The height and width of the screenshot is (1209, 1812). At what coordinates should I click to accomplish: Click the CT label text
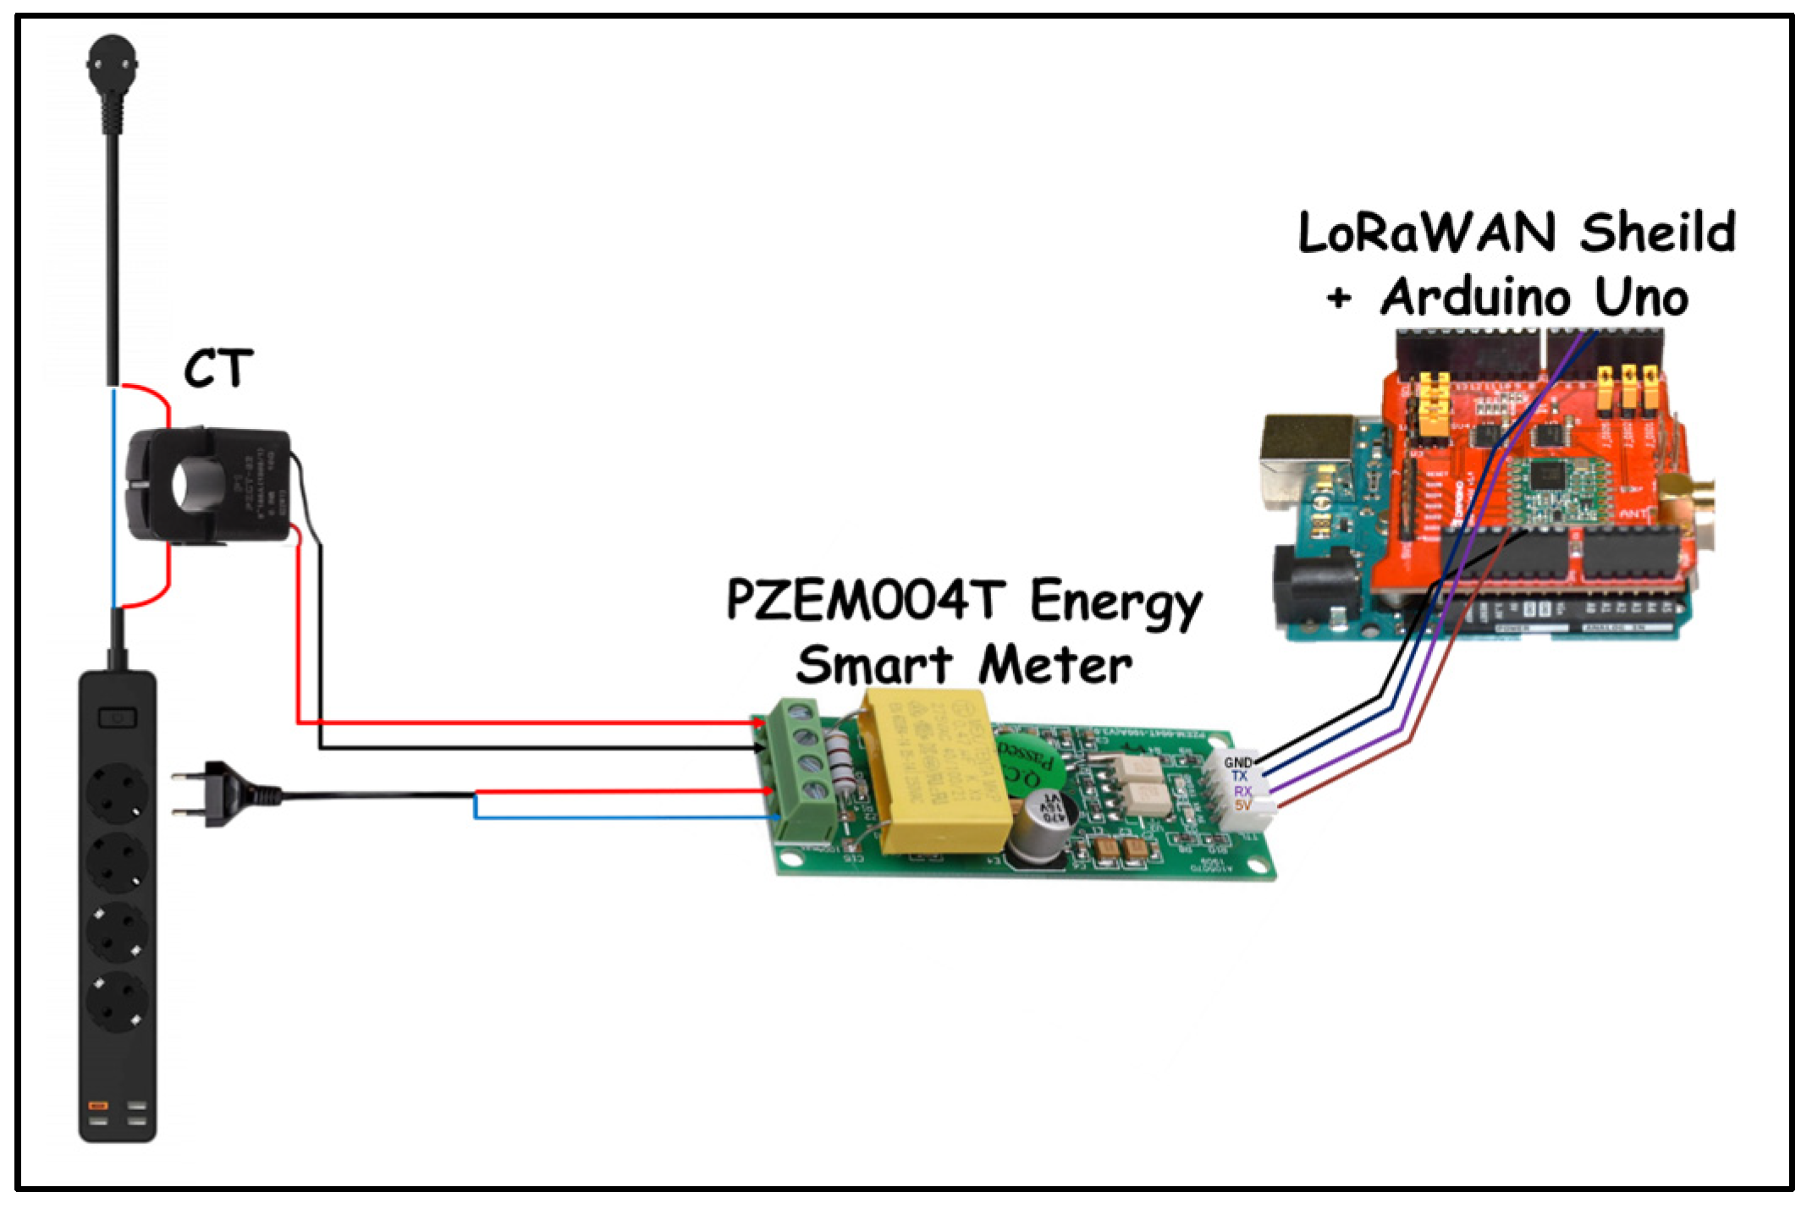218,369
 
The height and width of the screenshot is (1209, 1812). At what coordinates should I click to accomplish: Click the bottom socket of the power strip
118,1001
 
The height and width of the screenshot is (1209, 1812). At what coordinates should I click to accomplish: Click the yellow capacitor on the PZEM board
934,770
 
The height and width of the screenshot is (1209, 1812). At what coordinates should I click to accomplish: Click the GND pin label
1237,762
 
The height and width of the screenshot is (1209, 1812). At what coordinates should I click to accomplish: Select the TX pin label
1239,776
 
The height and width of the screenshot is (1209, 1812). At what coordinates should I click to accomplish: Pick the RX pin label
1242,791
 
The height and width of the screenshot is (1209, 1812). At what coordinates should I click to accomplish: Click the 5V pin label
1242,805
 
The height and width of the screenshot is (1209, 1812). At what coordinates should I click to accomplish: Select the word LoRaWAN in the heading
1427,233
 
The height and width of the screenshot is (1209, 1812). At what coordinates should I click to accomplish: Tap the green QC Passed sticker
1026,761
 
